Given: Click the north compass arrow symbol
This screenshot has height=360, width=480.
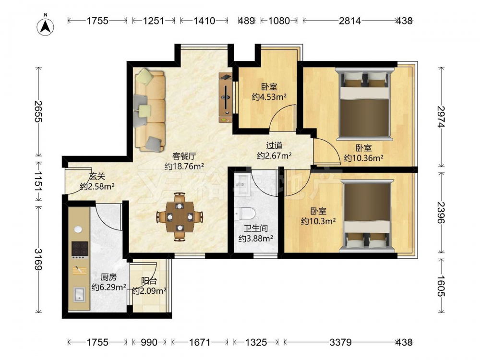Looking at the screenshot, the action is click(x=45, y=26).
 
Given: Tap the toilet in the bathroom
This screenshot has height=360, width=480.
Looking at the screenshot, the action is click(x=244, y=214).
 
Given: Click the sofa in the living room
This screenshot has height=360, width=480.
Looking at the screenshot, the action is click(x=149, y=110).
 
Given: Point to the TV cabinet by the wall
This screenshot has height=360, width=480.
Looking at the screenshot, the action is click(x=225, y=97).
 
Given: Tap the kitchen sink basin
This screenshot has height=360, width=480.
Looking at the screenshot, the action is click(x=80, y=295).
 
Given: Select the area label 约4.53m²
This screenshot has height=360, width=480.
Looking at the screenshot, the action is click(x=269, y=97).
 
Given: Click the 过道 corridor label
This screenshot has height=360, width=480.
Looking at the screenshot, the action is click(x=274, y=145).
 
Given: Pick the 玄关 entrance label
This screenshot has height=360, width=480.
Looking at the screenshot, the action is click(x=97, y=176).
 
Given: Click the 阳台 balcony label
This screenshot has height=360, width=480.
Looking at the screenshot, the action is click(x=149, y=281).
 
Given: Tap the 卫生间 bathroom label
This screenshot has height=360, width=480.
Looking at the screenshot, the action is click(x=256, y=228).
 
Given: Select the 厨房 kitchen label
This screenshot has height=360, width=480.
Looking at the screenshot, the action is click(x=108, y=277).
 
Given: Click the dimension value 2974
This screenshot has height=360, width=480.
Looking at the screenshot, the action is click(x=441, y=117).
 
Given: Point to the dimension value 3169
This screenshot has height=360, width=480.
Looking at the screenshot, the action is click(x=38, y=260).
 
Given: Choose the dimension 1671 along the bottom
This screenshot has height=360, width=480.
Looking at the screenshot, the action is click(x=199, y=342).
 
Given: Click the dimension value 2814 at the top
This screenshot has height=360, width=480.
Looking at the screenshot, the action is click(x=350, y=21).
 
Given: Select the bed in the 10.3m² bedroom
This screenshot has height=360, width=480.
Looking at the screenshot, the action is click(x=367, y=216).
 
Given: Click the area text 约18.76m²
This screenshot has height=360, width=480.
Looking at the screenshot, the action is click(x=184, y=166).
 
